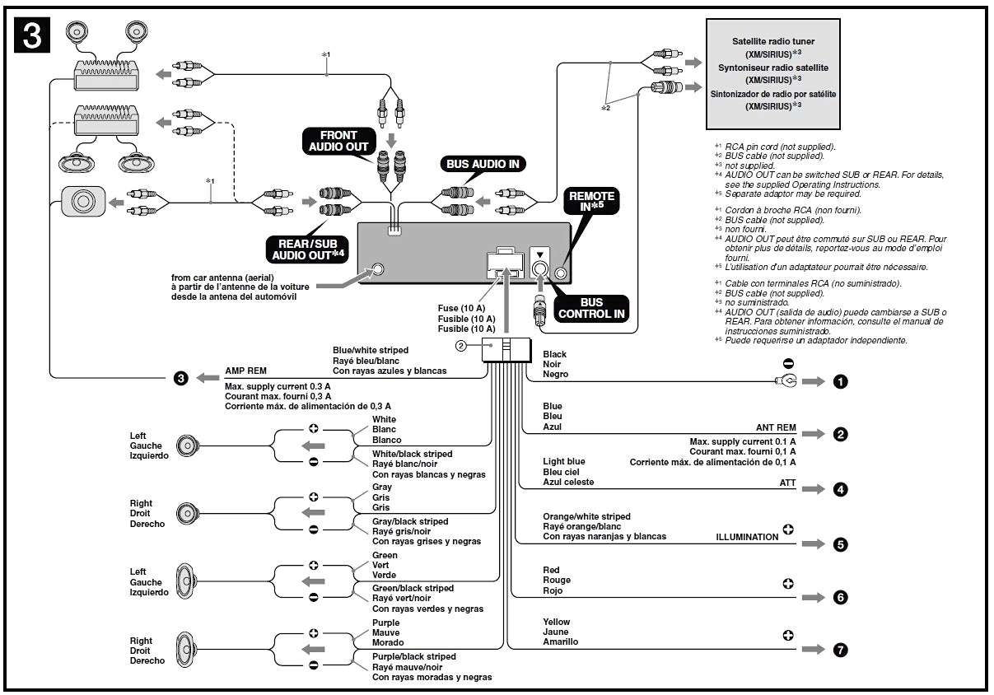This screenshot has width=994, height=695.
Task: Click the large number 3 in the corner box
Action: [x=33, y=35]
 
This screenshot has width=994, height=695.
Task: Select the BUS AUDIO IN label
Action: [x=483, y=164]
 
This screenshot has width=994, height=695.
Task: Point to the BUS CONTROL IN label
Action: [x=591, y=308]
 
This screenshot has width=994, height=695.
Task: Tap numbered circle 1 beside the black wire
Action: [x=840, y=382]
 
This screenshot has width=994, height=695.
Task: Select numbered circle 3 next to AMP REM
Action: [x=181, y=379]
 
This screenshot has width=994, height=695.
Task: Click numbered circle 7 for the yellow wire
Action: [x=840, y=650]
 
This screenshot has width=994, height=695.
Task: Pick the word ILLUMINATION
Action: [x=747, y=537]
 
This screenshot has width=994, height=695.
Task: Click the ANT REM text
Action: [x=776, y=428]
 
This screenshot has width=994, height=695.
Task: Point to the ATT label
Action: [x=787, y=483]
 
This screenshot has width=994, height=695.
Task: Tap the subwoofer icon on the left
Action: [x=83, y=200]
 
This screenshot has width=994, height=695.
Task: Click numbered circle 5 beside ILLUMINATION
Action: [x=840, y=544]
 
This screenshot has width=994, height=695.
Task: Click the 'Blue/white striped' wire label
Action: [x=370, y=350]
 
